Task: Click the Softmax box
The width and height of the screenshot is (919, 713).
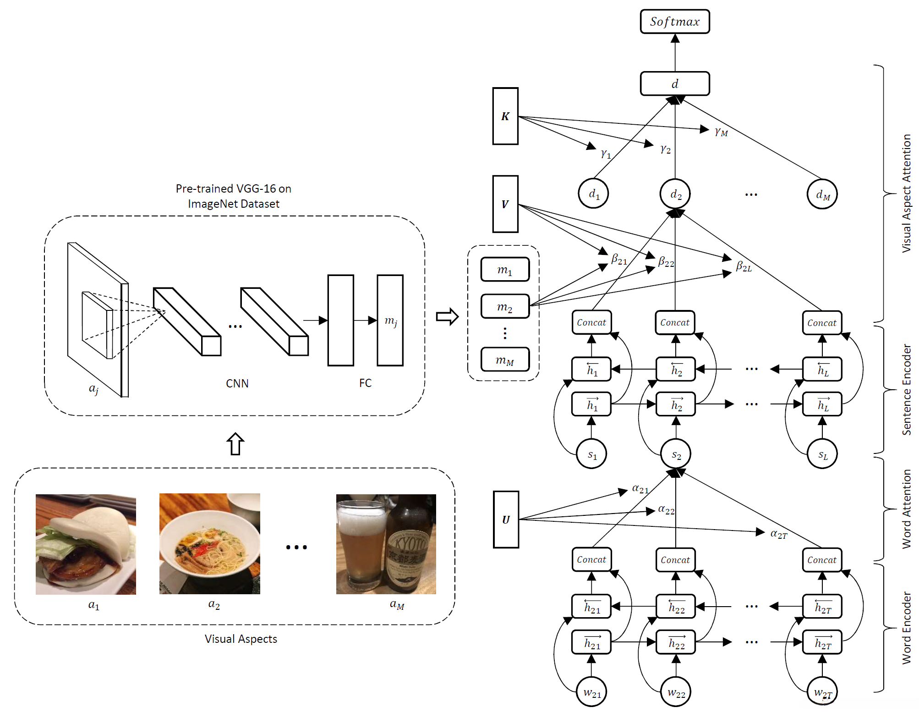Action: tap(674, 22)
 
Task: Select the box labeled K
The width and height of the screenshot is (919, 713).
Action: tap(505, 116)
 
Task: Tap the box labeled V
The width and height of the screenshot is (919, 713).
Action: tap(505, 204)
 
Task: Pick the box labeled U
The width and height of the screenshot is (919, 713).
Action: tap(506, 520)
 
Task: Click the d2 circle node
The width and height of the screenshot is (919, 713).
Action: tap(675, 194)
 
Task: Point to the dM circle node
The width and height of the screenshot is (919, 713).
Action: tap(822, 194)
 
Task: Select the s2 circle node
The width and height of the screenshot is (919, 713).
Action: tap(676, 454)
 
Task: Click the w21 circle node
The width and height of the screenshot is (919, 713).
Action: tap(591, 692)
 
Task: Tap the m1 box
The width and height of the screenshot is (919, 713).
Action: tap(505, 270)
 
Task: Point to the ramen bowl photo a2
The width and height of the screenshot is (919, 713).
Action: tap(209, 544)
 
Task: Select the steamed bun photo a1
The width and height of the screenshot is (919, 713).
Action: tap(86, 544)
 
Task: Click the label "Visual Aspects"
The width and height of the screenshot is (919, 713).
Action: tap(241, 639)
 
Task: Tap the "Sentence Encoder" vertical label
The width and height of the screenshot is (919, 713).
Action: tap(906, 389)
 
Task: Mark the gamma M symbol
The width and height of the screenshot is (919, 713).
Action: tap(721, 132)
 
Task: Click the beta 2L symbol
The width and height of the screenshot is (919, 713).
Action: tap(743, 266)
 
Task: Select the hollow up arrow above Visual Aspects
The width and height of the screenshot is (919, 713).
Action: tap(235, 443)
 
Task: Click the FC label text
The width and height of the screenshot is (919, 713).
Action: tap(365, 383)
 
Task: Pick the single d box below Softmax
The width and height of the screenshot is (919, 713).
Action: tap(674, 83)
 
